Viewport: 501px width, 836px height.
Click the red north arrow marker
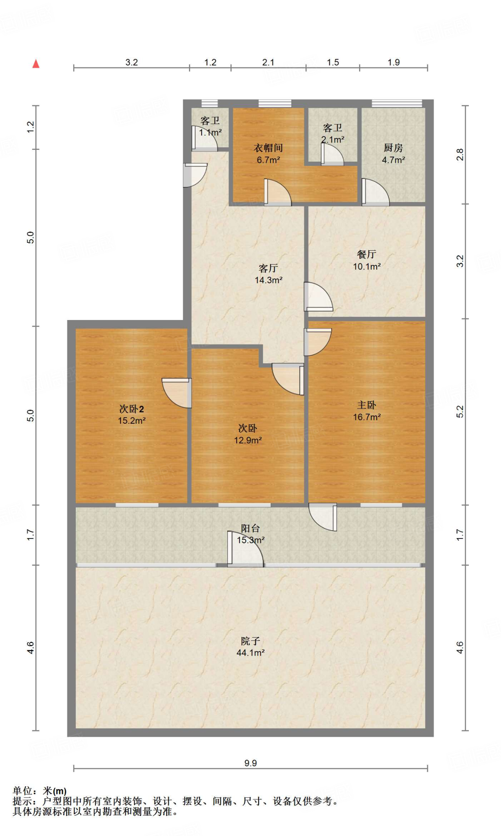click(x=36, y=64)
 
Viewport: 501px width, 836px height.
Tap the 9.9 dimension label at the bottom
click(x=250, y=763)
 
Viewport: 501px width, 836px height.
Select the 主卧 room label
click(x=366, y=405)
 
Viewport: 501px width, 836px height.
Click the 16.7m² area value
click(x=367, y=417)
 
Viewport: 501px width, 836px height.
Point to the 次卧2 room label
click(x=131, y=409)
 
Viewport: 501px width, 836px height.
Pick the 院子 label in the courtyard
click(x=250, y=640)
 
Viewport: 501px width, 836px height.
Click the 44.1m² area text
click(x=250, y=653)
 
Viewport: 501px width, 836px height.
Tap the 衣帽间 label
click(x=268, y=148)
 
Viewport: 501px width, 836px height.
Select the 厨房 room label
click(x=393, y=148)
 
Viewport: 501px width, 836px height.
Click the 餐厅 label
click(x=366, y=254)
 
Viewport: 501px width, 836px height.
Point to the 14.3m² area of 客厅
click(x=268, y=280)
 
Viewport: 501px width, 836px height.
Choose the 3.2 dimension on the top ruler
click(x=131, y=62)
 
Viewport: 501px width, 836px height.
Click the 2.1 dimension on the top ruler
click(x=268, y=62)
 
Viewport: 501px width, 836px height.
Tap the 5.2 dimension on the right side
click(x=460, y=411)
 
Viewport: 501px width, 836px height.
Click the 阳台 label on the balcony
click(x=250, y=528)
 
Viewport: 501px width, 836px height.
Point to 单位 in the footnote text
click(x=22, y=791)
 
